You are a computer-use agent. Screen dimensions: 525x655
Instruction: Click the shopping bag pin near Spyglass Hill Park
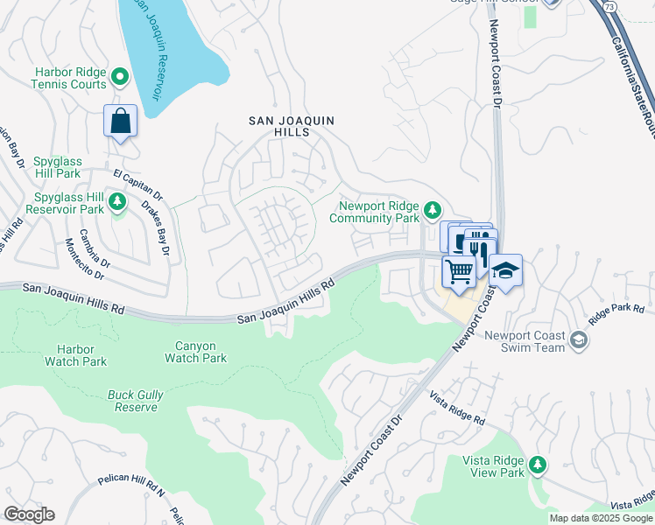coord(121,122)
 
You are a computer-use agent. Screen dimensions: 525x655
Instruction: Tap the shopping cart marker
coord(458,271)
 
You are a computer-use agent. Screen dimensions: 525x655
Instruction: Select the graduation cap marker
coord(504,270)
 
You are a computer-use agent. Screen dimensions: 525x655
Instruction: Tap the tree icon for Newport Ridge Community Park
coord(432,210)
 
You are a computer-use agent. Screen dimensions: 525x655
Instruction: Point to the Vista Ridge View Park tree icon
coord(538,464)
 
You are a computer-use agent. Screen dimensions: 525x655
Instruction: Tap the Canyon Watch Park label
coord(196,352)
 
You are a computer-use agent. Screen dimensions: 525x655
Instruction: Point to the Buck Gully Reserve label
coord(136,401)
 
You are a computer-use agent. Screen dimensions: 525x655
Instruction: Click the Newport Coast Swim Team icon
coord(577,339)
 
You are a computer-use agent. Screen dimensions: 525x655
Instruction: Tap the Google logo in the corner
coord(29,514)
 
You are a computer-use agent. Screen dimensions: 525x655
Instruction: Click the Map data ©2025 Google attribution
coord(601,518)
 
